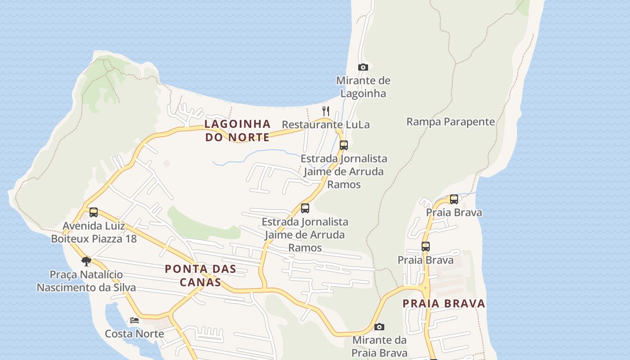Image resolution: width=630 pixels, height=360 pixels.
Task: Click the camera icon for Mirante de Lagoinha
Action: (x=363, y=67)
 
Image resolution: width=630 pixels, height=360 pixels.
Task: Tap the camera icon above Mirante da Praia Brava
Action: (x=379, y=327)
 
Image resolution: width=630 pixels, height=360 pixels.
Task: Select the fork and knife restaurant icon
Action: (x=326, y=111)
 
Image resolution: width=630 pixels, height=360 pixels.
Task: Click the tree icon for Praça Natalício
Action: (x=86, y=261)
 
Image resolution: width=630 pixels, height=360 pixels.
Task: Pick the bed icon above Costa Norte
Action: (x=135, y=320)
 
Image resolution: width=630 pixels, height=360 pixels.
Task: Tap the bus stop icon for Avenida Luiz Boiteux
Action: (x=94, y=212)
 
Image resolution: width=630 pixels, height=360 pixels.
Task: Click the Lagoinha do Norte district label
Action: (x=238, y=130)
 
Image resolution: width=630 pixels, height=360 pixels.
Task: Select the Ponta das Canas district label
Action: (x=200, y=275)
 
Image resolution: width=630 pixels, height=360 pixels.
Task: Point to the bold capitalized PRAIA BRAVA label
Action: (x=444, y=303)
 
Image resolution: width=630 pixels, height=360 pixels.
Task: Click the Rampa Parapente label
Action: (x=450, y=121)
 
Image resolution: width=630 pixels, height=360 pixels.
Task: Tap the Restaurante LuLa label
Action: (x=326, y=125)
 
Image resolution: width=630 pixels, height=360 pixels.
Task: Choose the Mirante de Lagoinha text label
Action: (x=363, y=87)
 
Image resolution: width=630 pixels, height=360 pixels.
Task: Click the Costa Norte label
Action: (x=134, y=333)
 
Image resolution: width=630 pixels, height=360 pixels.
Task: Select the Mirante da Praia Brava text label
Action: (x=379, y=346)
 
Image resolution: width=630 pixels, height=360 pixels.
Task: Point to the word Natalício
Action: (x=102, y=274)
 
